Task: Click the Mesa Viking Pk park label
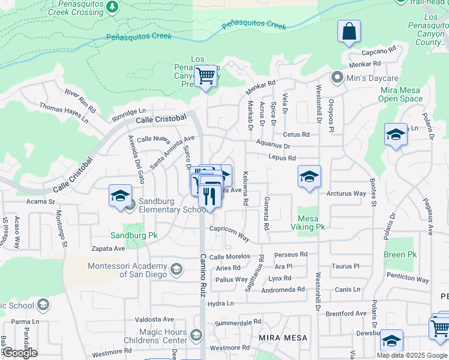tap(311, 223)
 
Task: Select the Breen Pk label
tap(399, 254)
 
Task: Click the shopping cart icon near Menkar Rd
tap(205, 77)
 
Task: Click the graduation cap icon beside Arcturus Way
tap(309, 177)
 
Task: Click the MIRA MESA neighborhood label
tap(283, 338)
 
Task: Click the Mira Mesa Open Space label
tap(401, 94)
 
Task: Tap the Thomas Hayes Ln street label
tap(64, 113)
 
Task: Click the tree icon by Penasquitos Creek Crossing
tap(112, 7)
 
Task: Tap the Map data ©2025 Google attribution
tap(412, 355)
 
